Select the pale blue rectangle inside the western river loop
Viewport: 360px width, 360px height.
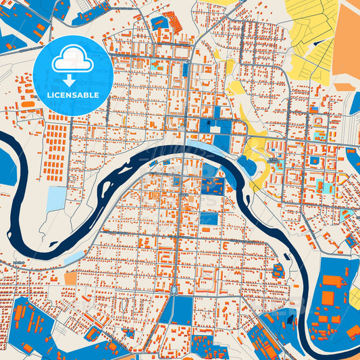(57, 198)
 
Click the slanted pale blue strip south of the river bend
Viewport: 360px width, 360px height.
(74, 257)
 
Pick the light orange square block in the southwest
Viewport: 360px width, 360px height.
(71, 278)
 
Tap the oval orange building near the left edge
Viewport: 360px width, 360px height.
(27, 104)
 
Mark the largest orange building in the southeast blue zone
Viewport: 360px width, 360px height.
(328, 297)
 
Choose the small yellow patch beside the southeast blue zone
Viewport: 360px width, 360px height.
(355, 297)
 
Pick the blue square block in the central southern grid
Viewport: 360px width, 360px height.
(209, 218)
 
